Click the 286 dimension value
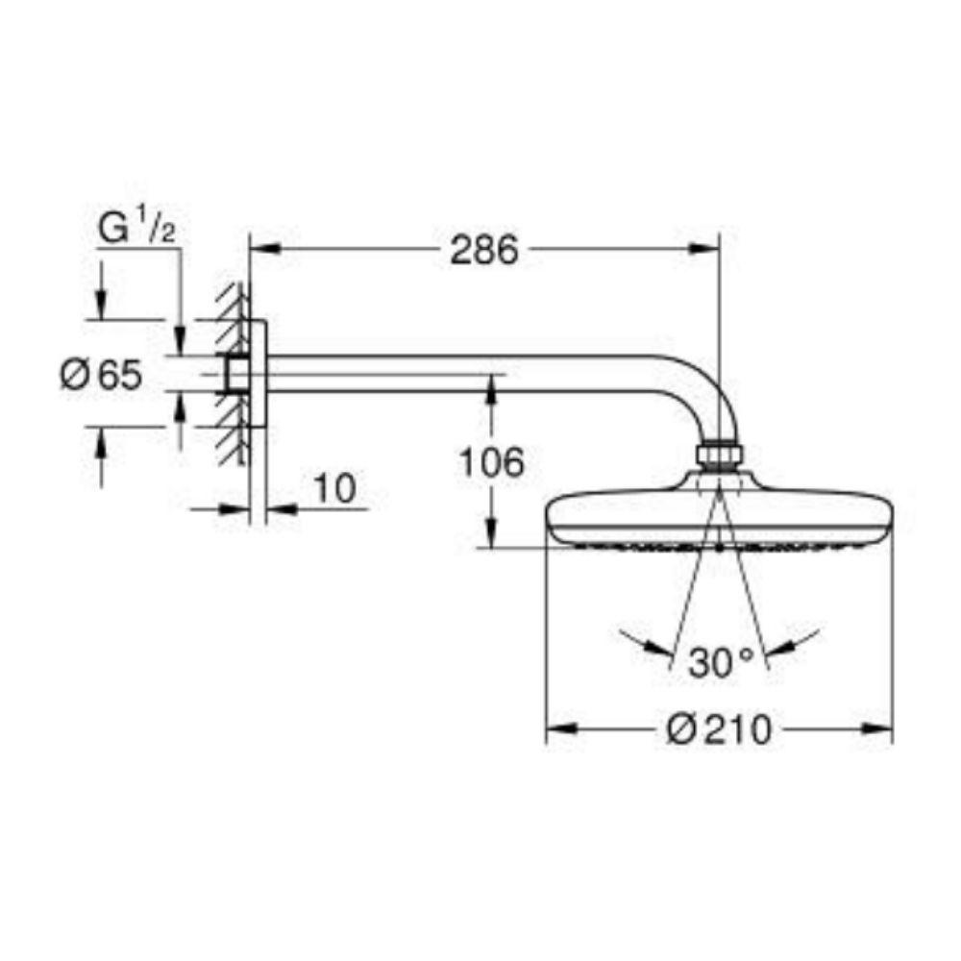pyautogui.click(x=484, y=250)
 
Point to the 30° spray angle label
pyautogui.click(x=721, y=662)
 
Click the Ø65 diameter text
pyautogui.click(x=101, y=374)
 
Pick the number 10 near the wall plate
pyautogui.click(x=334, y=488)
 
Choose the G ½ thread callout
pyautogui.click(x=137, y=230)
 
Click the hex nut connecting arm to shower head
pyautogui.click(x=720, y=456)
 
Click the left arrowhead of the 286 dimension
pyautogui.click(x=265, y=249)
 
